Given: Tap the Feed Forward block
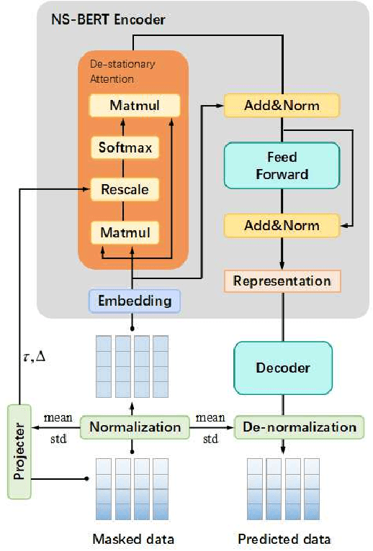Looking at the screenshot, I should (x=281, y=165).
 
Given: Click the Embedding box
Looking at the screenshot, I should (x=134, y=301).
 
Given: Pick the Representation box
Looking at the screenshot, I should (x=281, y=281).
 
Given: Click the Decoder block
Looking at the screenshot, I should (x=282, y=368).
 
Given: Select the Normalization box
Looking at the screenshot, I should (x=135, y=427).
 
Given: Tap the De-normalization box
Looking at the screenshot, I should (x=296, y=427).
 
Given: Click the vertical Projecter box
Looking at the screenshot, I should (x=19, y=452).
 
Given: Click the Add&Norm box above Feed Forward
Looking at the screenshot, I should (x=282, y=105).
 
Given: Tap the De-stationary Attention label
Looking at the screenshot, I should (x=113, y=71).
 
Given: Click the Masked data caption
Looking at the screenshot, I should (x=134, y=539).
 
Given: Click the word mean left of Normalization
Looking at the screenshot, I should (x=57, y=416).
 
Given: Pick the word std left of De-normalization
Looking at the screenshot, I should (x=211, y=437).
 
